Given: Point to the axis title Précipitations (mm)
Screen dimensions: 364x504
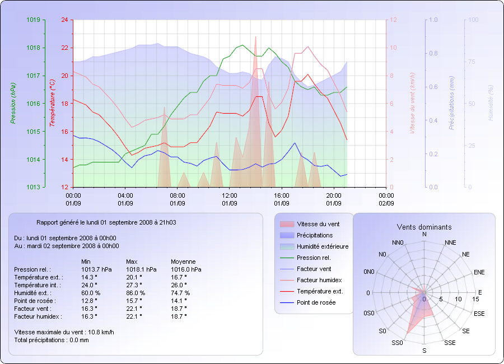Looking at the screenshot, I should tap(451, 103).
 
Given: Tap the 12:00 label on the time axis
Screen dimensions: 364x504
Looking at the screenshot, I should tap(230, 195).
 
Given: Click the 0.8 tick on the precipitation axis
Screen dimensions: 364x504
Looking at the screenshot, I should tap(433, 53).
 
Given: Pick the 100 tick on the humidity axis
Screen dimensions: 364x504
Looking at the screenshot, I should tap(473, 20).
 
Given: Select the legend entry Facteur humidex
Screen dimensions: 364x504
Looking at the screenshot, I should tap(319, 280).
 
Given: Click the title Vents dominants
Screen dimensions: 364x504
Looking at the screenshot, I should tap(424, 227).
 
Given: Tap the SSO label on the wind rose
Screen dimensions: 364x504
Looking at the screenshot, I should tap(398, 342).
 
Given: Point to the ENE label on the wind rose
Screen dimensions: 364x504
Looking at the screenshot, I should tap(479, 272).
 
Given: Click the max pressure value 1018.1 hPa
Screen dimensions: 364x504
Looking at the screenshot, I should tap(141, 269).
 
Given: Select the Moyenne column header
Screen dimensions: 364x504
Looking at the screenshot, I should tap(183, 262).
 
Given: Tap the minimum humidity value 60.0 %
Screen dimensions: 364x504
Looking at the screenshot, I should tap(91, 293).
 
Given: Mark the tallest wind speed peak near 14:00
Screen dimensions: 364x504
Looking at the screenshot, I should tap(256, 38).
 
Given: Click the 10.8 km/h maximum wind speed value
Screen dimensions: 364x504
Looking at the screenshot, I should tap(101, 332).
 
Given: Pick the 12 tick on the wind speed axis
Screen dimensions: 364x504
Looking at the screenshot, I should tap(393, 20).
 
